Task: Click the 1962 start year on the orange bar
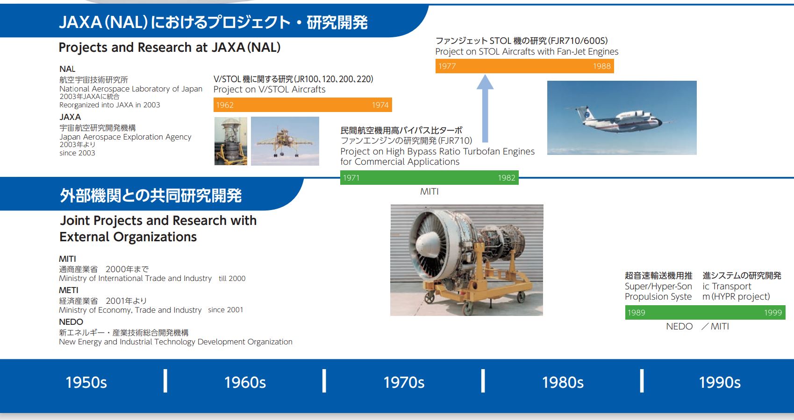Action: (225, 105)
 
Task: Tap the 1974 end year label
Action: (380, 105)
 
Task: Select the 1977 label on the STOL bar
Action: (447, 66)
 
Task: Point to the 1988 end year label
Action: (602, 66)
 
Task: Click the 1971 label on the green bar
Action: (351, 178)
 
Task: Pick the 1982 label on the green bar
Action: (507, 178)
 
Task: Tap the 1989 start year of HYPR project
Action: (636, 313)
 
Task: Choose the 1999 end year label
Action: (773, 313)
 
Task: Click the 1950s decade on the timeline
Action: (86, 383)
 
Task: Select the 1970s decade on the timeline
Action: (404, 383)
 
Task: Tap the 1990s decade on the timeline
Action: (720, 383)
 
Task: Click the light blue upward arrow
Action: (485, 108)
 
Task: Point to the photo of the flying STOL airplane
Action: (622, 118)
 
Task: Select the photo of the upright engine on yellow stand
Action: (231, 141)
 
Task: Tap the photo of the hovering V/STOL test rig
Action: (285, 141)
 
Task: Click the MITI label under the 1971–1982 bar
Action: (429, 192)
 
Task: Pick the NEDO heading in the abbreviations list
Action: (71, 322)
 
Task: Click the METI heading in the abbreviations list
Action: (68, 290)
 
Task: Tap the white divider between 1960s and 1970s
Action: (324, 381)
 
